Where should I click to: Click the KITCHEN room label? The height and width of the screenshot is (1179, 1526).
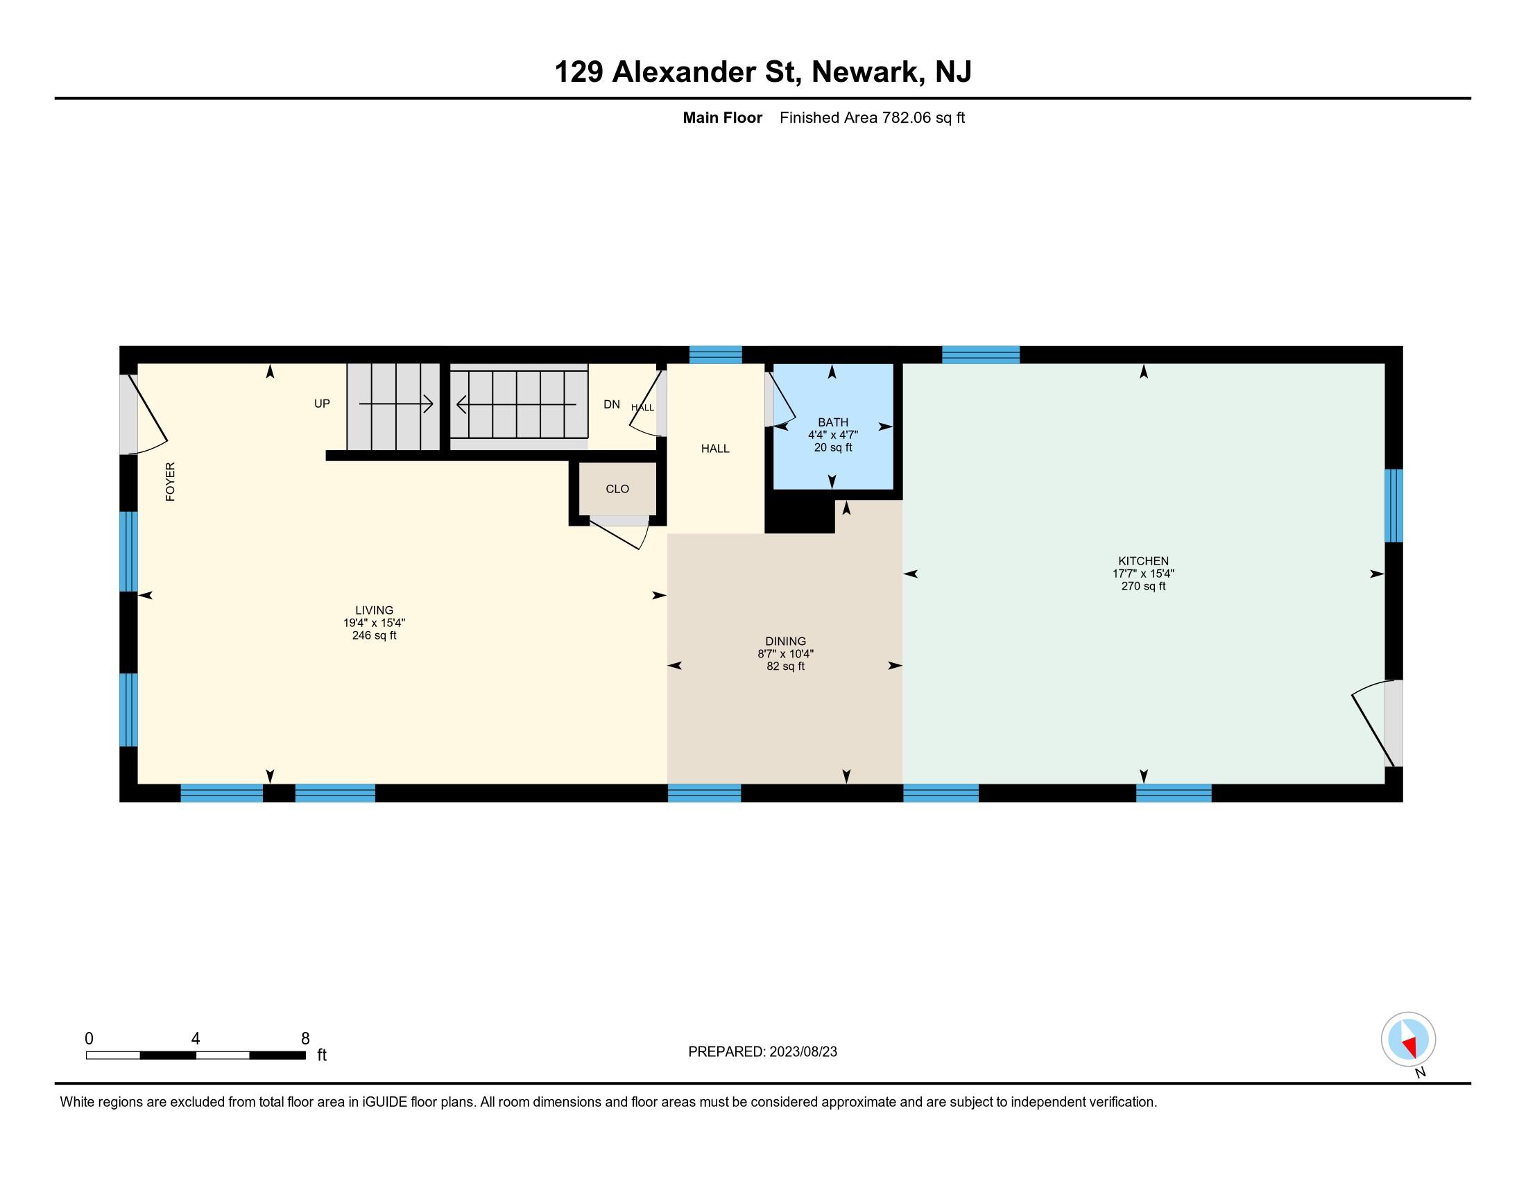(1143, 561)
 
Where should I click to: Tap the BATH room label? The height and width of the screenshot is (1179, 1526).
(833, 422)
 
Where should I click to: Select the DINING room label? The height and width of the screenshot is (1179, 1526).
(785, 642)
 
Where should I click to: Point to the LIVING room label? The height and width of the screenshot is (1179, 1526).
(374, 610)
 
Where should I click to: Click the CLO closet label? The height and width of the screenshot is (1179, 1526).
(617, 489)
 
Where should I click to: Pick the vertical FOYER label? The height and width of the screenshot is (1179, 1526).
(170, 481)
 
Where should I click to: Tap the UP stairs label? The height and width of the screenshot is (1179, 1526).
(322, 404)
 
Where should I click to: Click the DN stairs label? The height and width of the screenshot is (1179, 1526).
(611, 404)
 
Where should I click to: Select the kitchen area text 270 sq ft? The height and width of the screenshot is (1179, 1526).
(1143, 586)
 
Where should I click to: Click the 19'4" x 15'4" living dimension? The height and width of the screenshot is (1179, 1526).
(374, 622)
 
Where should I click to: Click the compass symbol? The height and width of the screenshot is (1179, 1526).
(1408, 1039)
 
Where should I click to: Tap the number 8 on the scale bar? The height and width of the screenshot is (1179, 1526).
(305, 1039)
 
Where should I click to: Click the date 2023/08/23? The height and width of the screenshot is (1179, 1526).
(803, 1052)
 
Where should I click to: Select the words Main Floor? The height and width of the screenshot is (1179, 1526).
(723, 117)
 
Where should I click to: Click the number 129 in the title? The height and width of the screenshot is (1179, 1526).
(578, 71)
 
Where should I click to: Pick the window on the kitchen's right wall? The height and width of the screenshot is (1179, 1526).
(1394, 506)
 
